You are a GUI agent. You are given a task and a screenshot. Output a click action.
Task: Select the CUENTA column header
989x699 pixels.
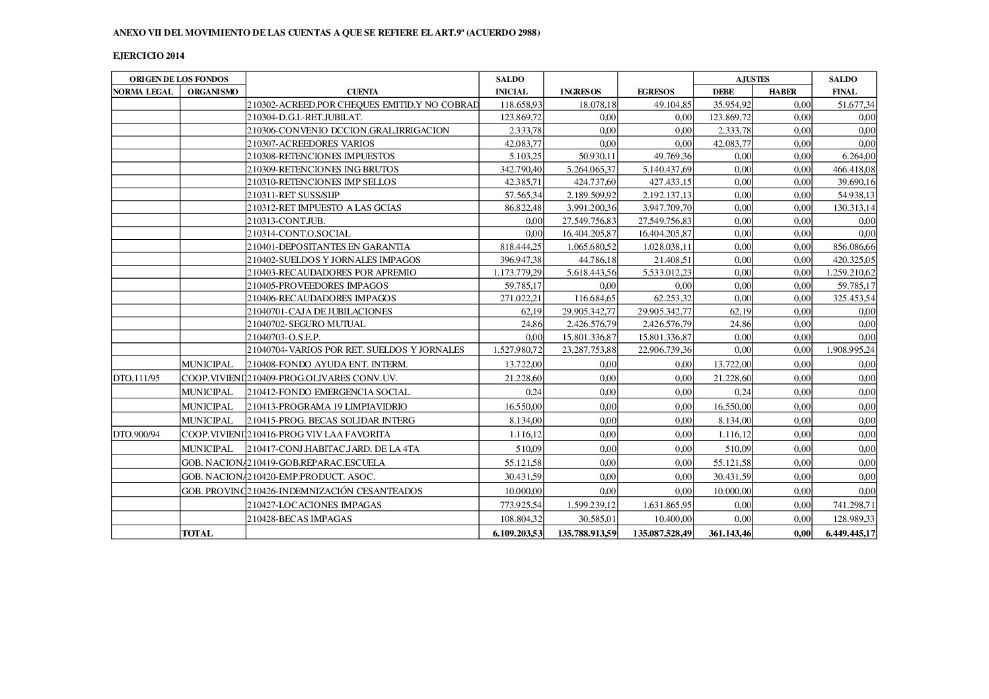pyautogui.click(x=363, y=92)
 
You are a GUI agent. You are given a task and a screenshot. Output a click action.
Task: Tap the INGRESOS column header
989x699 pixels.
pyautogui.click(x=580, y=92)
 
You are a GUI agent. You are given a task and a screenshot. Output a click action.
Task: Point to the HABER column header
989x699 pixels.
pyautogui.click(x=782, y=92)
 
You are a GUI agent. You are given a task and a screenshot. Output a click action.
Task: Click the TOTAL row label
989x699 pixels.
pyautogui.click(x=197, y=533)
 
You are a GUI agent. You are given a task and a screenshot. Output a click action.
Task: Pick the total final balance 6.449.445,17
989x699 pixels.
pyautogui.click(x=850, y=533)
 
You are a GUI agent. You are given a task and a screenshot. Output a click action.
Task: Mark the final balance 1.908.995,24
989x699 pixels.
pyautogui.click(x=850, y=350)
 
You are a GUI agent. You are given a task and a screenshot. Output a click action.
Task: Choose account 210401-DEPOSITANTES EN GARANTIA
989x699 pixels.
pyautogui.click(x=328, y=246)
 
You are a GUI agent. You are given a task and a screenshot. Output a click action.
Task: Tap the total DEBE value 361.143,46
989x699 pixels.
pyautogui.click(x=730, y=533)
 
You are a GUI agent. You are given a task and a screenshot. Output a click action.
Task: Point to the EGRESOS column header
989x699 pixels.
pyautogui.click(x=655, y=92)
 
